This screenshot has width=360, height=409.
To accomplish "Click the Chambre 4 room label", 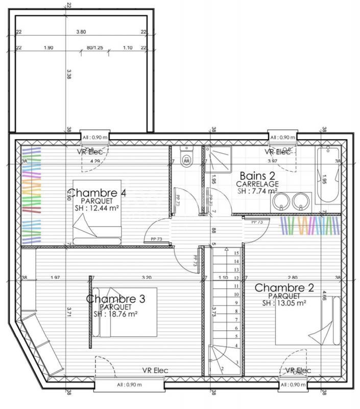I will (x=98, y=193).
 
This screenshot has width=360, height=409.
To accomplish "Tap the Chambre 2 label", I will (x=284, y=288).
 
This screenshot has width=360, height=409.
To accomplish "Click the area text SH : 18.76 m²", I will (x=115, y=314).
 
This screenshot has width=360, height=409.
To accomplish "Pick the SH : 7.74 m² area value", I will (x=257, y=191).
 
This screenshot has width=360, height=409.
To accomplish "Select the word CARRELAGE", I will (x=257, y=184).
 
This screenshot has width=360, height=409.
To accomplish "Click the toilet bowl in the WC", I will (x=186, y=157).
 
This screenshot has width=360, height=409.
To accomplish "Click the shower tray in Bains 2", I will (x=219, y=159).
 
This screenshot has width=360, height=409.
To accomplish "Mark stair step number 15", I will (x=236, y=253).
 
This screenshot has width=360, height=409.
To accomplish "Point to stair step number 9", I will (x=236, y=303).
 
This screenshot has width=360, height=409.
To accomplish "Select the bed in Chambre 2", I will (x=307, y=321).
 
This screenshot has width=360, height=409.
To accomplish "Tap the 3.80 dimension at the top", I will (x=81, y=32).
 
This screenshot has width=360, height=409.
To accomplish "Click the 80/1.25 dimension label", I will (x=95, y=48).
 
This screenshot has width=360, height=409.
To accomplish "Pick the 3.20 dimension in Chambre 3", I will (x=146, y=278).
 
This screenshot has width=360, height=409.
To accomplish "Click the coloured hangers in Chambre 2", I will (x=309, y=225).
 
